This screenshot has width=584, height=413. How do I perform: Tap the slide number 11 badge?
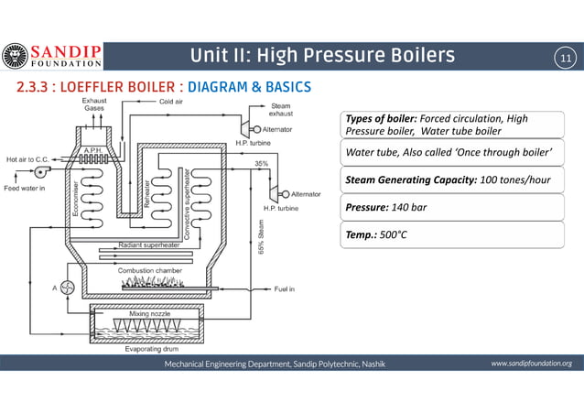coord(564,60)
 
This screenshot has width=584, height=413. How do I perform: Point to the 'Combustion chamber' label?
coord(149,270)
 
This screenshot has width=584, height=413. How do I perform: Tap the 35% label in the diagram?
coord(261,163)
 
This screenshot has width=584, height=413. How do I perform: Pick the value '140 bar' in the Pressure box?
coord(404,207)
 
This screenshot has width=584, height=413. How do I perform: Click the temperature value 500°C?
coord(391,234)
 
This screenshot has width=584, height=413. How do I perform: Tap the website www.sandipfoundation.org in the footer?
coord(531,364)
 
